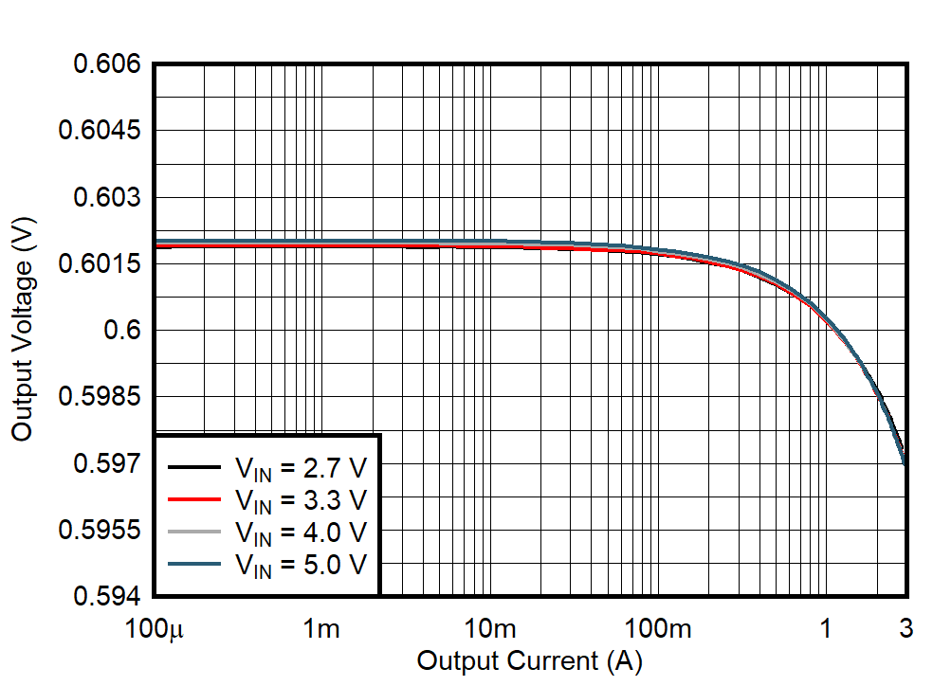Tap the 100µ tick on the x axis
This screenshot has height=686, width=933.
tap(155, 628)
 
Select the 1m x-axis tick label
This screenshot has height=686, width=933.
tap(322, 628)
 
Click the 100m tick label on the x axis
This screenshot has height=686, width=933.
tap(657, 628)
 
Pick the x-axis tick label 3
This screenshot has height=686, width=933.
tap(906, 628)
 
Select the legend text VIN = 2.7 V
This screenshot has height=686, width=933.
tap(300, 467)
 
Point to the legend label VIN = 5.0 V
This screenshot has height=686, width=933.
tap(300, 565)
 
